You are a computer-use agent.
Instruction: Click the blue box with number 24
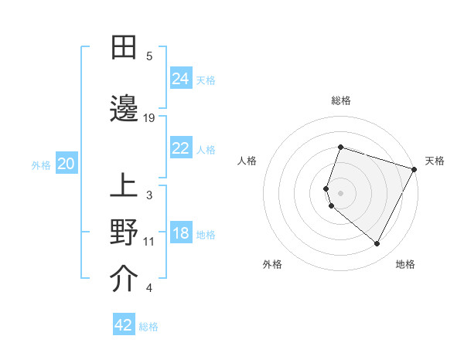(x=180, y=79)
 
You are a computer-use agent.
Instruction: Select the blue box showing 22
(x=180, y=148)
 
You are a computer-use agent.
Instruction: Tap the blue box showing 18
(x=180, y=234)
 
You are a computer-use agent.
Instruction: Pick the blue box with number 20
(x=66, y=164)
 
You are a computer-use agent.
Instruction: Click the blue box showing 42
(x=123, y=325)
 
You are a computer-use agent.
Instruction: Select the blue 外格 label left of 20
(x=41, y=165)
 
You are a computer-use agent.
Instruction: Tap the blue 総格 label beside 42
(x=148, y=327)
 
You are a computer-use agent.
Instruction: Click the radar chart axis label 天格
(x=435, y=161)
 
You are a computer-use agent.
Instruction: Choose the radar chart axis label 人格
(x=247, y=161)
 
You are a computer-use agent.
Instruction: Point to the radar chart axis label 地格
(x=405, y=264)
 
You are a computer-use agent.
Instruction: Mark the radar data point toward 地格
(x=377, y=244)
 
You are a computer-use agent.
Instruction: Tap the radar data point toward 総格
(x=340, y=147)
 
